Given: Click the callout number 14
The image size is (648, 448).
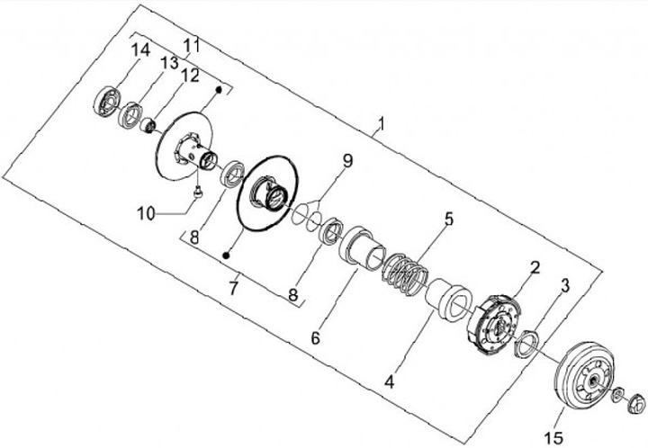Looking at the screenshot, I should [139, 50].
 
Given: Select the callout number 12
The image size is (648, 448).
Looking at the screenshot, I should [190, 76].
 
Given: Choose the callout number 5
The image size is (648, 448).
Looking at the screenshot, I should [447, 219].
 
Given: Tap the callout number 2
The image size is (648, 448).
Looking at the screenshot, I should [534, 267].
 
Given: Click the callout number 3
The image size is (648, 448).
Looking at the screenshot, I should [564, 286].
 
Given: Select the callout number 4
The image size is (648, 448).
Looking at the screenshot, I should [389, 381].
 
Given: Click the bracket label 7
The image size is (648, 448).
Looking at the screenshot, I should [233, 290].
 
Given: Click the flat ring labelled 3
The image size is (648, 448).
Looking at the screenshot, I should [526, 343].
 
